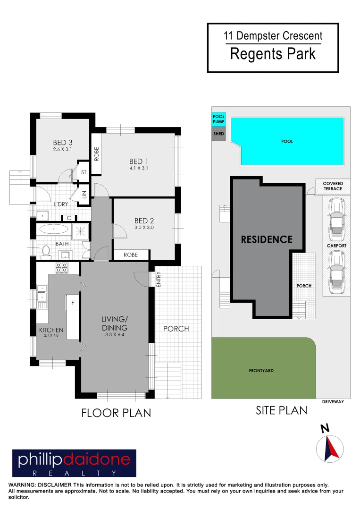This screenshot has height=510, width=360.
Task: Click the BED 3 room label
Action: [x=62, y=142]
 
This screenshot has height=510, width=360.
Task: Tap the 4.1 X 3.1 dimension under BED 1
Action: [x=139, y=168]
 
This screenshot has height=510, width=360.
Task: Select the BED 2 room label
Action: [x=144, y=221]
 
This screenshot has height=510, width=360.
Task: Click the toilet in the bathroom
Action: [x=46, y=252]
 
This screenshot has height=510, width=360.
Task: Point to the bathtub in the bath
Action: [x=53, y=230]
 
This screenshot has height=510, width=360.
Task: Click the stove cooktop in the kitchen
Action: [x=62, y=268]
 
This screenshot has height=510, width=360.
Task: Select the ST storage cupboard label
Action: [x=84, y=172]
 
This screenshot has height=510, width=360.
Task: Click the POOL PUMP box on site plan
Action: [x=218, y=119]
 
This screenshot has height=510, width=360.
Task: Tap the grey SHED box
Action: [x=218, y=134]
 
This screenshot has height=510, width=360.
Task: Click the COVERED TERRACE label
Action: [x=333, y=186]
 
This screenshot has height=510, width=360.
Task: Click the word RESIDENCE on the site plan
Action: [x=267, y=239]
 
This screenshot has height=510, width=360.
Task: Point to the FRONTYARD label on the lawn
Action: [x=261, y=371]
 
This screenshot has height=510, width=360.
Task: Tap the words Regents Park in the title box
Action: [x=273, y=54]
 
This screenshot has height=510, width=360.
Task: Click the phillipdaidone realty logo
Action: [x=74, y=463]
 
